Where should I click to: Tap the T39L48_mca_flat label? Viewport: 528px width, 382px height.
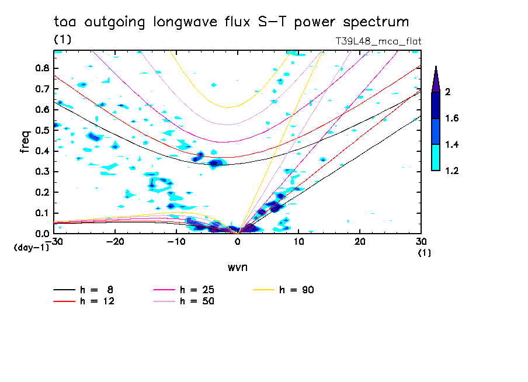pyautogui.click(x=378, y=41)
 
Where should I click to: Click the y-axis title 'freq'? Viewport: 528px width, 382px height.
pyautogui.click(x=25, y=141)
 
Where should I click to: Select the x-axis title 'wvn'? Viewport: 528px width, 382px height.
pyautogui.click(x=237, y=267)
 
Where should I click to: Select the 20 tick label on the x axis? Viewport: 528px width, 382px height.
pyautogui.click(x=360, y=241)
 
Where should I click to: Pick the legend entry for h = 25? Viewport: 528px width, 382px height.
pyautogui.click(x=189, y=290)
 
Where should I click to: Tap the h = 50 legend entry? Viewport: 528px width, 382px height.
pyautogui.click(x=189, y=301)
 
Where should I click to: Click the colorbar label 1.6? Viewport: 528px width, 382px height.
pyautogui.click(x=451, y=119)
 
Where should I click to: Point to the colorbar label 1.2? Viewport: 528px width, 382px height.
pyautogui.click(x=451, y=171)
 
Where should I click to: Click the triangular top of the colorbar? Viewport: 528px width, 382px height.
pyautogui.click(x=436, y=79)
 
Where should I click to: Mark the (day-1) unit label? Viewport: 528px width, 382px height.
pyautogui.click(x=31, y=248)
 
